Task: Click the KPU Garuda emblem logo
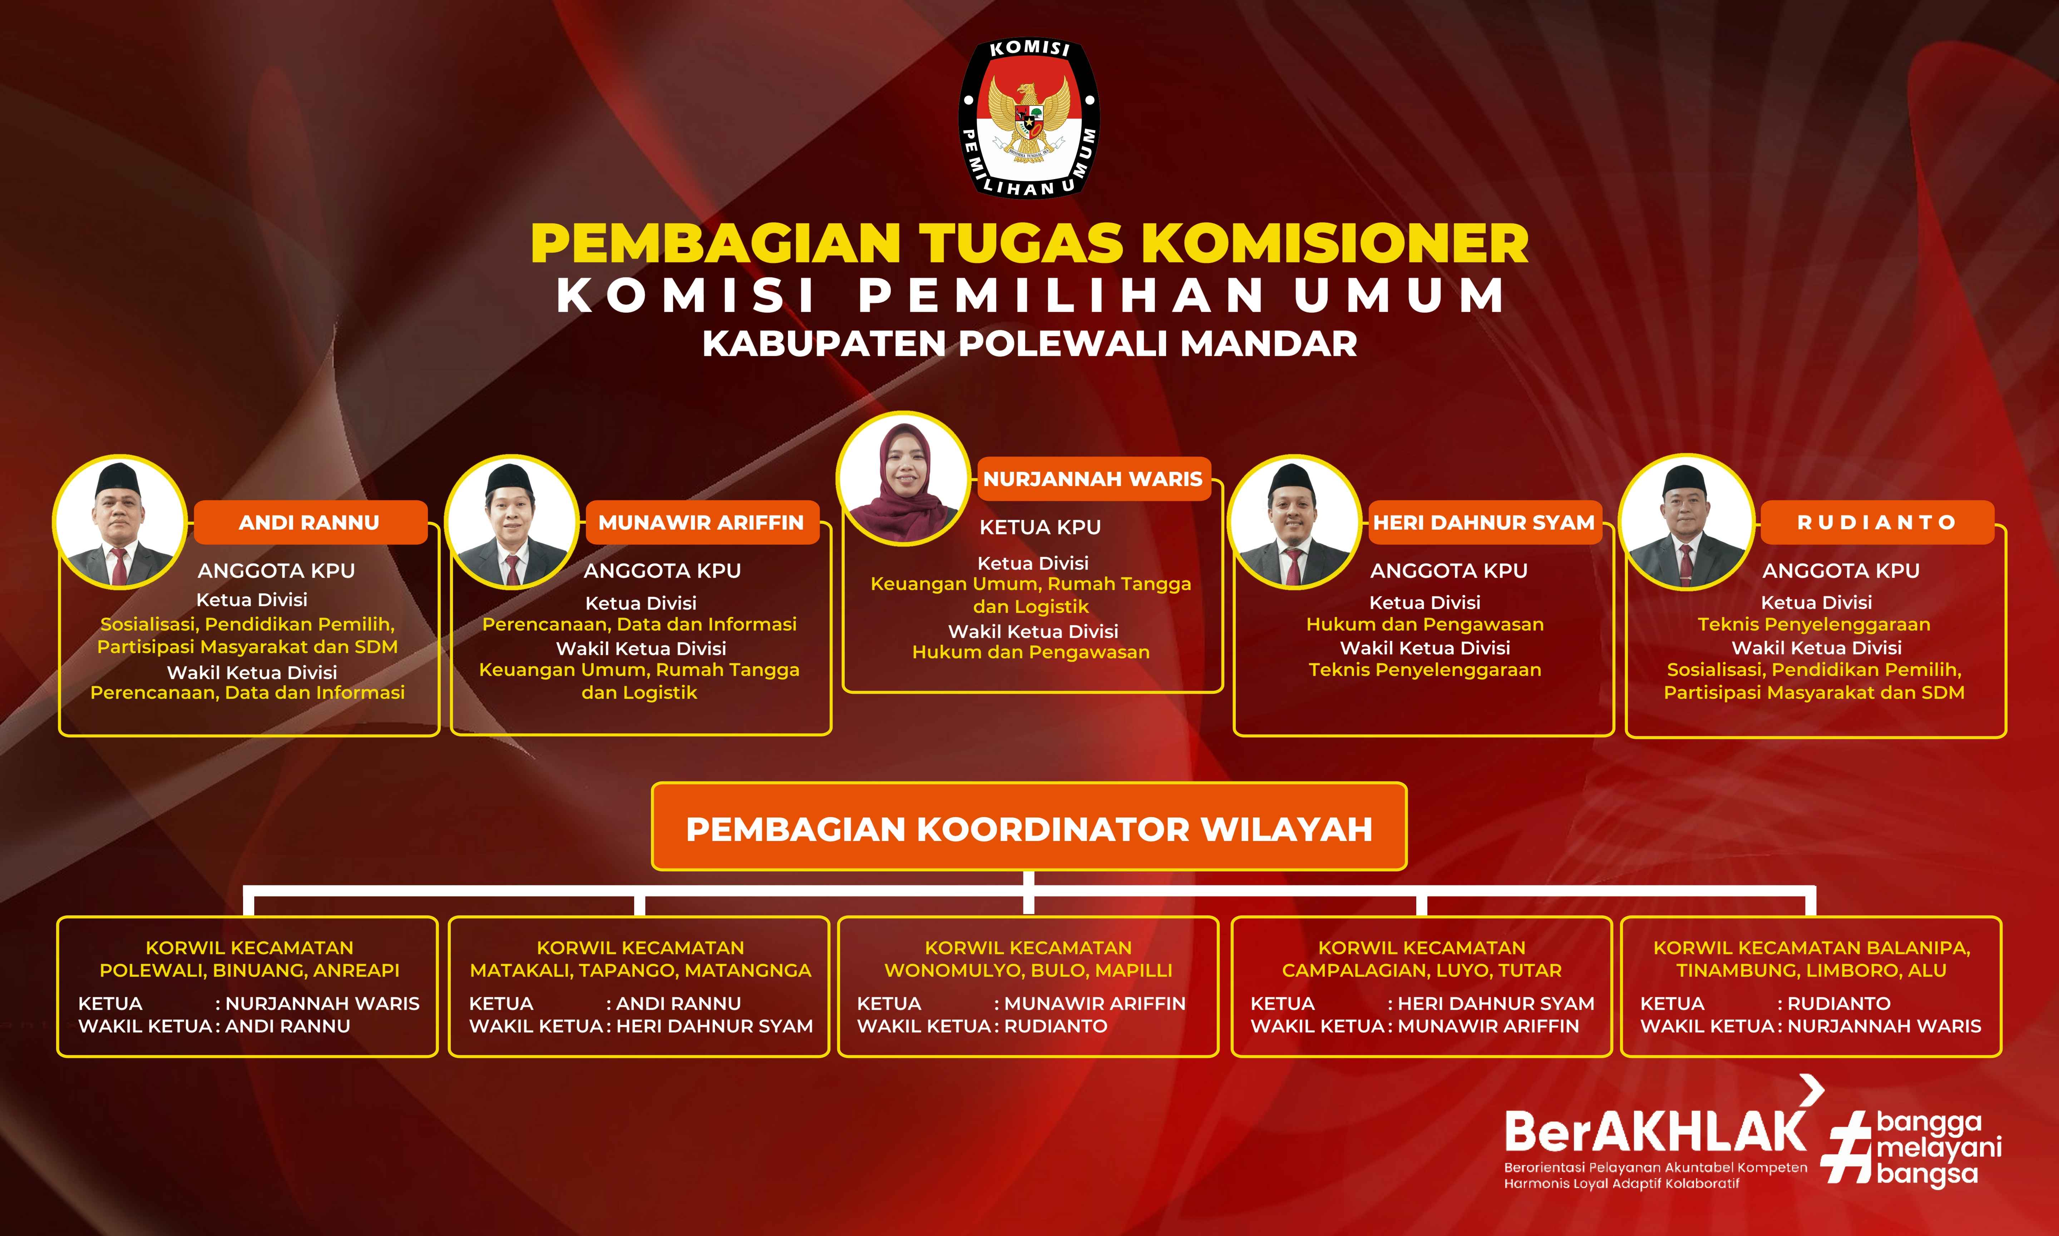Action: pyautogui.click(x=1029, y=118)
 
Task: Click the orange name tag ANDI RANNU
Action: pyautogui.click(x=310, y=522)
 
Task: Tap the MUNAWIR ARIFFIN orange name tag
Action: pyautogui.click(x=701, y=522)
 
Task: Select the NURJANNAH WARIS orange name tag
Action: pyautogui.click(x=1093, y=479)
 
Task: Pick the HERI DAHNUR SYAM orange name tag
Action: pyautogui.click(x=1484, y=522)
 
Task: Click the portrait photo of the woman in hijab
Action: pyautogui.click(x=904, y=479)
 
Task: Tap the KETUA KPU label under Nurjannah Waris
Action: pyautogui.click(x=1040, y=527)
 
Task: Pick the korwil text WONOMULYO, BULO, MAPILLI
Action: pyautogui.click(x=1029, y=970)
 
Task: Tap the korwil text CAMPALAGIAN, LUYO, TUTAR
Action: pyautogui.click(x=1422, y=970)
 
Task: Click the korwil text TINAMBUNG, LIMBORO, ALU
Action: pyautogui.click(x=1812, y=970)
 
